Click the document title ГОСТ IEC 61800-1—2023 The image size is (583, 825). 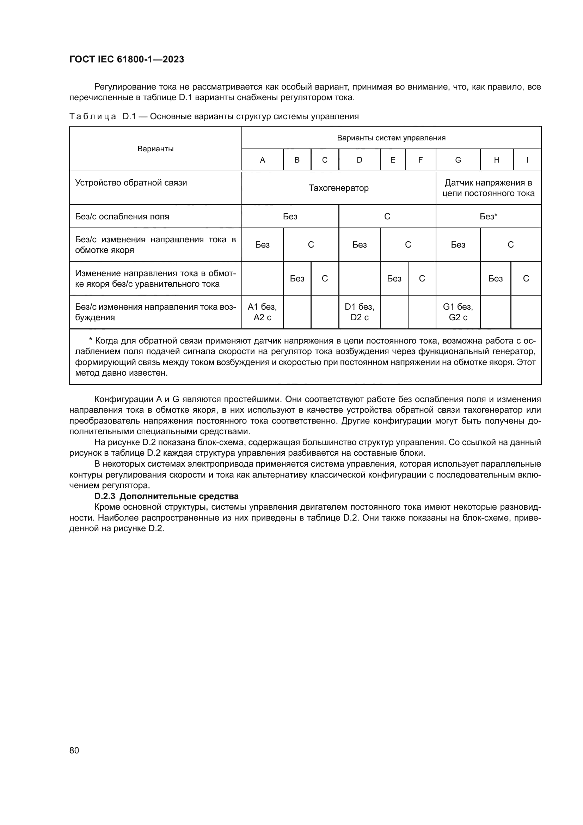coord(127,59)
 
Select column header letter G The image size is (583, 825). coord(458,160)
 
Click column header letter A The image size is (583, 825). coord(263,160)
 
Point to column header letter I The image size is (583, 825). coord(527,160)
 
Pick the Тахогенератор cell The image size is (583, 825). coord(338,188)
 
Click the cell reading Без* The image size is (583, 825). coord(488,216)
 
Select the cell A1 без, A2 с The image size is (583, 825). coord(263,312)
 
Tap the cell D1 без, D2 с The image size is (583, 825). coord(359,312)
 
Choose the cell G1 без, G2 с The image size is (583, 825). coord(458,312)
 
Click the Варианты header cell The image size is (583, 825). coord(155,149)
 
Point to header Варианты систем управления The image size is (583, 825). coord(391,138)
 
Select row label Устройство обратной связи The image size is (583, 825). coord(131,183)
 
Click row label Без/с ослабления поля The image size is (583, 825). coord(122,217)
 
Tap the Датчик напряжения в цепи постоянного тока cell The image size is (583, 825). coord(488,188)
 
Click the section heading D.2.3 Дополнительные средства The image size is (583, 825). coord(166,496)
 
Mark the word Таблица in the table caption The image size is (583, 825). coord(93,116)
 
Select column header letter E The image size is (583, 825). coord(393,160)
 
